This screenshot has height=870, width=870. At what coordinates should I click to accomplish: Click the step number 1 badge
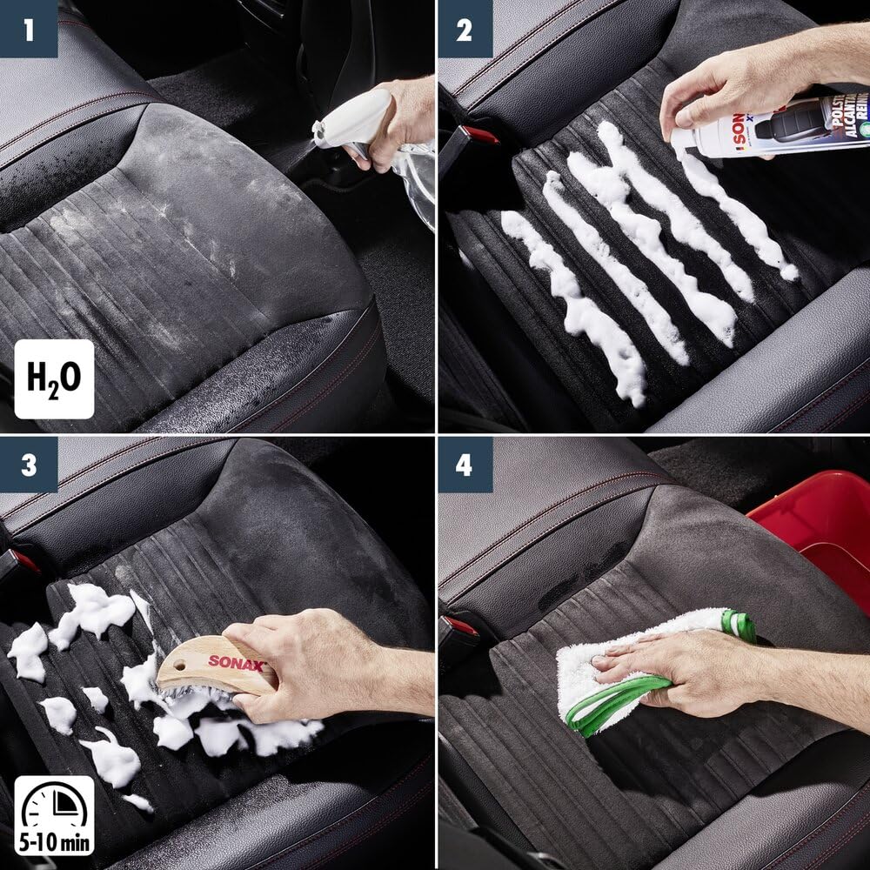coord(29,29)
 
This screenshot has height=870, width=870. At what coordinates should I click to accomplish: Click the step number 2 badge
coord(465,29)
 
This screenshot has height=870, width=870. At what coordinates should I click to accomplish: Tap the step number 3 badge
coord(29,465)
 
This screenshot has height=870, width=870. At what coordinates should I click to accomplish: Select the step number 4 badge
coord(465,465)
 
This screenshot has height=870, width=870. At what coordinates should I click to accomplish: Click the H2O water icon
coord(53,378)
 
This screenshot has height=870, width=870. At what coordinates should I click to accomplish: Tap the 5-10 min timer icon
coord(53,815)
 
